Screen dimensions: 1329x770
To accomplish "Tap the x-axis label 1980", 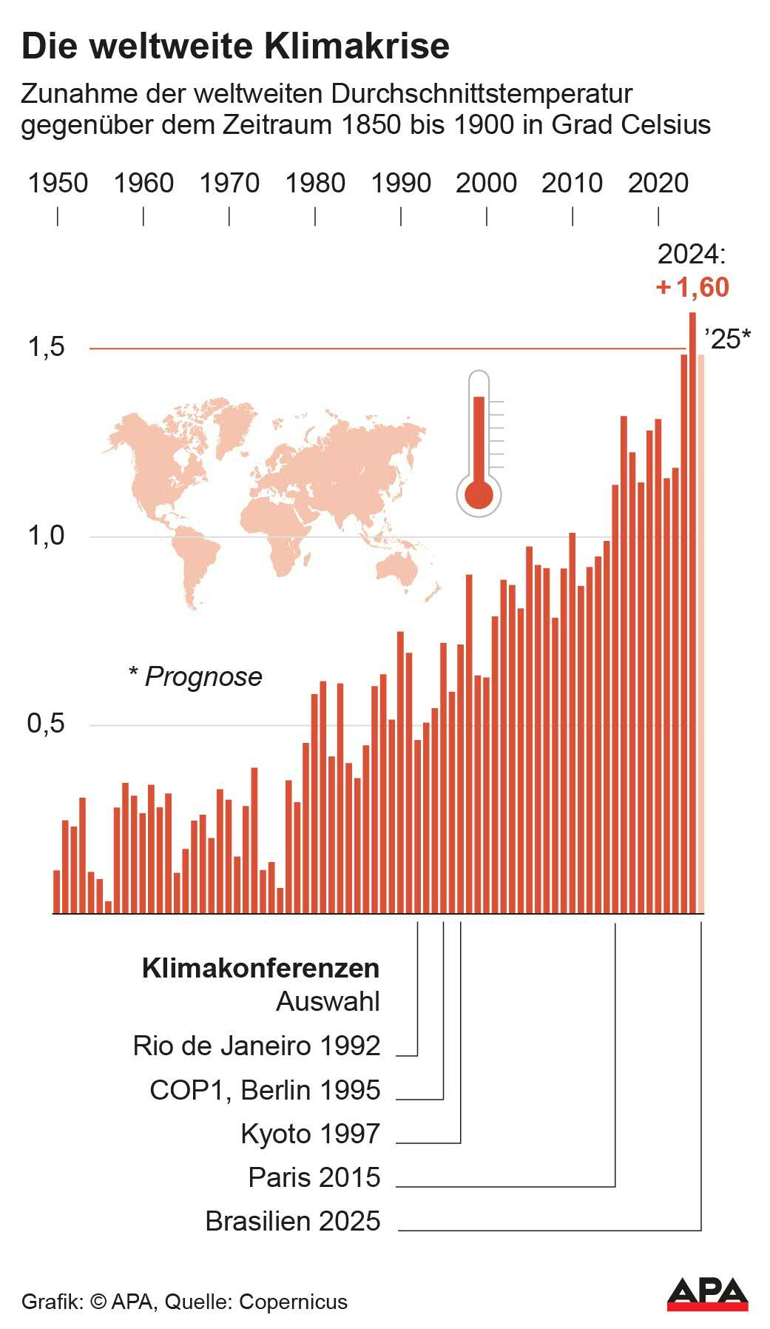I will click(x=315, y=184).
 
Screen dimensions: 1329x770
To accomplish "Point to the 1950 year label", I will click(x=58, y=184).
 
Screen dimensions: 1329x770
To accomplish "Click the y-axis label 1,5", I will click(x=46, y=347).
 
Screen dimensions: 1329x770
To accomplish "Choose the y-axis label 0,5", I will click(x=46, y=724).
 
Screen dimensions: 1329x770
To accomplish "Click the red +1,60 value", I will click(x=693, y=287).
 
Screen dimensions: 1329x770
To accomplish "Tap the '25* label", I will click(x=728, y=339).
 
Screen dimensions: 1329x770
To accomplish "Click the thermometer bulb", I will click(x=479, y=494).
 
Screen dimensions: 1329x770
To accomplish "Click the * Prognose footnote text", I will click(x=195, y=676).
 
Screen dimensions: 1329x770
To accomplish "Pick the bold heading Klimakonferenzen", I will click(x=260, y=968).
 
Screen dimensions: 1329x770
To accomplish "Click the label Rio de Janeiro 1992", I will click(x=256, y=1046).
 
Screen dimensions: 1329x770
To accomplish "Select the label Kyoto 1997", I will click(x=310, y=1134).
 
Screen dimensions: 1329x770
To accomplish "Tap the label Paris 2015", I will click(x=314, y=1177).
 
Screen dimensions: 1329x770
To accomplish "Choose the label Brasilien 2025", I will click(x=292, y=1221).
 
